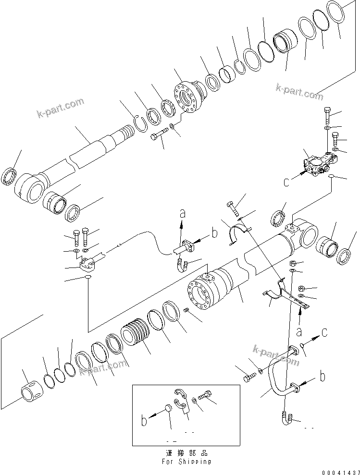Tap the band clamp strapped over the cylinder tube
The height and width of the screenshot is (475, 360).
click(239, 235)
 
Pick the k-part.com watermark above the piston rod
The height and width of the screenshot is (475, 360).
click(60, 108)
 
